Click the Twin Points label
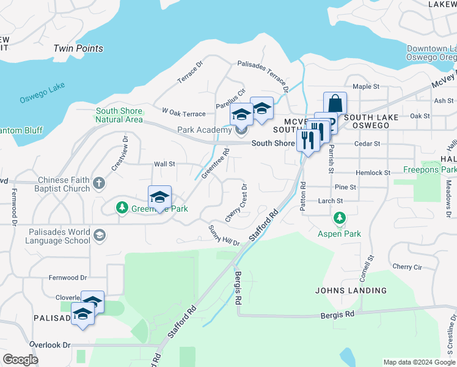78,48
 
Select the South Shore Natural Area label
119,115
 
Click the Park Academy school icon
241,130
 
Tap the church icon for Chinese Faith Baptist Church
99,183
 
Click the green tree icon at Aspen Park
339,218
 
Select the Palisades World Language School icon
99,235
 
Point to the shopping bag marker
335,102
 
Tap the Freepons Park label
430,169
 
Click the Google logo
20,360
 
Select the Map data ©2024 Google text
419,362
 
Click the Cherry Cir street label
407,267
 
